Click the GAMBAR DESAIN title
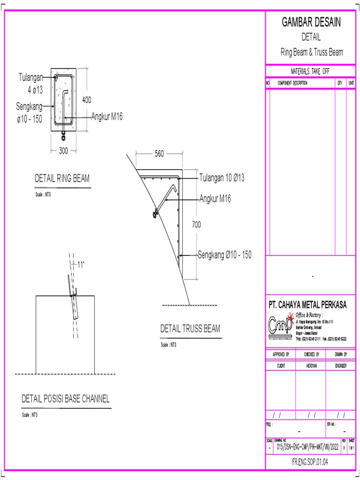311,22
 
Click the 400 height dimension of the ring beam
87,100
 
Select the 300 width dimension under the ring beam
64,151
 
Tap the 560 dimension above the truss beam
159,153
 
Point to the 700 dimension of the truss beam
196,225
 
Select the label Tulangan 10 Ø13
222,178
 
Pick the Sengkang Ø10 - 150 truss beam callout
225,255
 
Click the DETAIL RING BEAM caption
62,179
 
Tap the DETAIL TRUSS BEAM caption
190,329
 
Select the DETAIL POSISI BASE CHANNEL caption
66,399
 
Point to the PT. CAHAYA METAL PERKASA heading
307,305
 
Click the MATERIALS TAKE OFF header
310,71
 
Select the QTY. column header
340,83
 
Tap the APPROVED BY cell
281,354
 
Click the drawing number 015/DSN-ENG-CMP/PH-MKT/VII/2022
307,448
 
